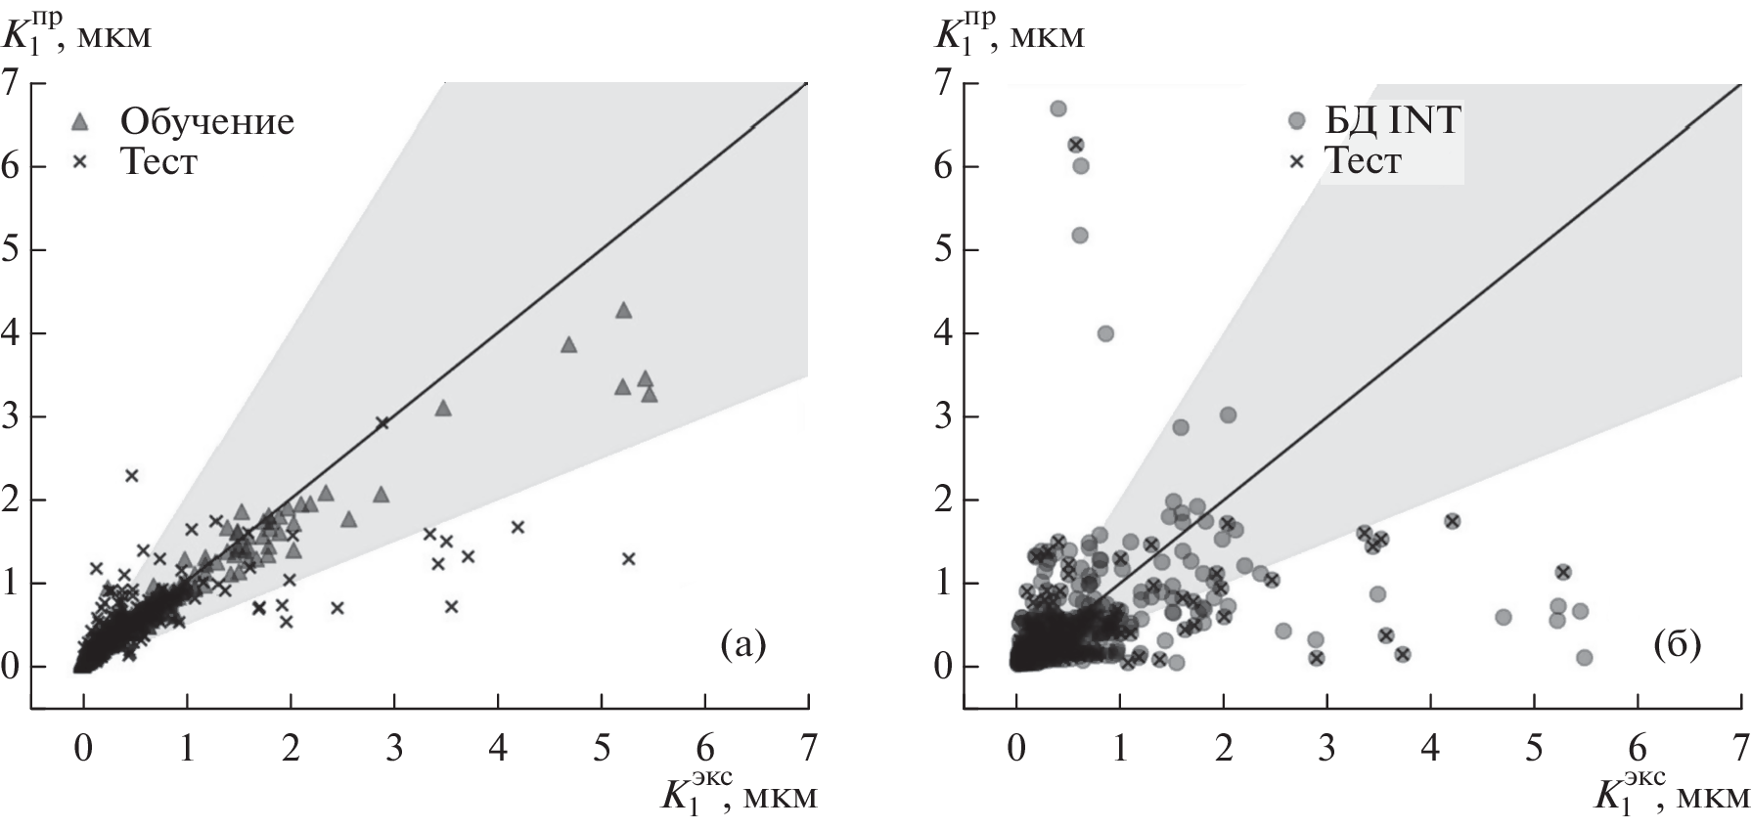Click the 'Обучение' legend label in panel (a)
[x=206, y=121]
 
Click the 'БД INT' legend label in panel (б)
[x=1389, y=121]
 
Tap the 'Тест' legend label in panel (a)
[x=157, y=161]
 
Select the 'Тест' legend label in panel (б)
[x=1362, y=160]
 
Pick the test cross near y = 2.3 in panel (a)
[x=132, y=475]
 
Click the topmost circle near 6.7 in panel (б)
[x=1057, y=109]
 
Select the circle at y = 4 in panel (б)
[x=1105, y=333]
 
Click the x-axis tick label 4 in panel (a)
[x=498, y=749]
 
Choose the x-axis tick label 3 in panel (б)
[x=1327, y=749]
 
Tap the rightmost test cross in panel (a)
[x=628, y=558]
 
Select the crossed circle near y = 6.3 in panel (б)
[x=1076, y=145]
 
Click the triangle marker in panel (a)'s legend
[x=82, y=122]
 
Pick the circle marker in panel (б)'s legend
[x=1297, y=121]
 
